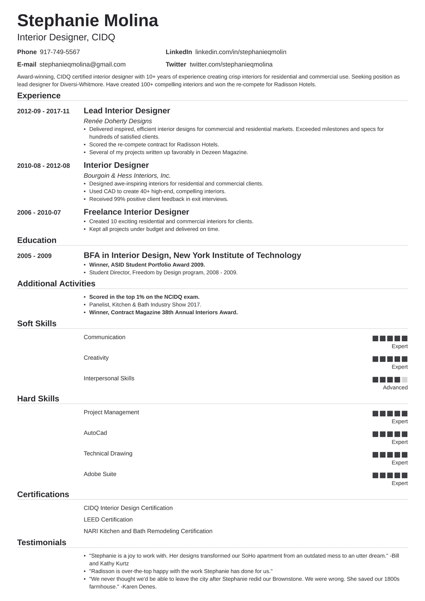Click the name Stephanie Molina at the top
pyautogui.click(x=88, y=21)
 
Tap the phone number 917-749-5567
pyautogui.click(x=60, y=52)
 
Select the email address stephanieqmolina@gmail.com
pyautogui.click(x=82, y=64)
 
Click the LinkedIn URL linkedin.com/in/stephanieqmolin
pyautogui.click(x=240, y=52)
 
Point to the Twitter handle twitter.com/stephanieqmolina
pyautogui.click(x=231, y=64)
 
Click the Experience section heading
pyautogui.click(x=39, y=96)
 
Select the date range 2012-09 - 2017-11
pyautogui.click(x=43, y=111)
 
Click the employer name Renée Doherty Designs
pyautogui.click(x=118, y=121)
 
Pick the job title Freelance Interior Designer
pyautogui.click(x=136, y=212)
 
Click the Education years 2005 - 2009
pyautogui.click(x=34, y=256)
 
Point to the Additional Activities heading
pyautogui.click(x=56, y=284)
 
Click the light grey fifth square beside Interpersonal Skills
pyautogui.click(x=404, y=379)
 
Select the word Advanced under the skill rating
pyautogui.click(x=395, y=388)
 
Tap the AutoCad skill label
pyautogui.click(x=95, y=433)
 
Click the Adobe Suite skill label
pyautogui.click(x=100, y=474)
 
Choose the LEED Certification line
pyautogui.click(x=108, y=519)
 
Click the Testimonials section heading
pyautogui.click(x=42, y=543)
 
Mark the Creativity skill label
pyautogui.click(x=96, y=358)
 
